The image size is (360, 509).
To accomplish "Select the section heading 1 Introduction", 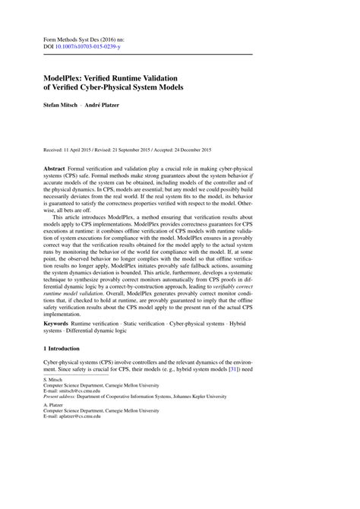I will [60, 370].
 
